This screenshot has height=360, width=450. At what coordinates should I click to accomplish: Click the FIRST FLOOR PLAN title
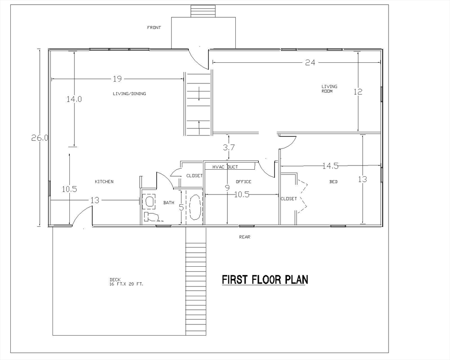pyautogui.click(x=265, y=280)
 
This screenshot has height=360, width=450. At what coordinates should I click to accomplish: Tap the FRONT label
pyautogui.click(x=154, y=28)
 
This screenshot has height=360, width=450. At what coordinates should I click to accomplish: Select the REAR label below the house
pyautogui.click(x=245, y=237)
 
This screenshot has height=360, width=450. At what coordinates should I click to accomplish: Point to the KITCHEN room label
pyautogui.click(x=104, y=181)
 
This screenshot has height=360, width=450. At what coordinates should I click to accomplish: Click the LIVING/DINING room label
pyautogui.click(x=129, y=94)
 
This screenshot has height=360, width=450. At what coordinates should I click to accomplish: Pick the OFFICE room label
pyautogui.click(x=243, y=181)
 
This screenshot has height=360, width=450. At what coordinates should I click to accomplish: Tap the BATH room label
pyautogui.click(x=169, y=202)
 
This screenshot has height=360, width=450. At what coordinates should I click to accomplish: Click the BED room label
pyautogui.click(x=333, y=181)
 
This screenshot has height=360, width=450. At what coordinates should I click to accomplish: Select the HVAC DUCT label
pyautogui.click(x=225, y=167)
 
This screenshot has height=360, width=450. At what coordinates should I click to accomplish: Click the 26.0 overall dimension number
pyautogui.click(x=40, y=138)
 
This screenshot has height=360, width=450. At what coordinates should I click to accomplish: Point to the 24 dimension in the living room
pyautogui.click(x=310, y=62)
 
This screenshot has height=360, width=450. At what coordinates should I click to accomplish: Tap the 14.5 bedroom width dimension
pyautogui.click(x=330, y=165)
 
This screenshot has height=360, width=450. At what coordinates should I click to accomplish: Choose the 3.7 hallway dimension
pyautogui.click(x=229, y=148)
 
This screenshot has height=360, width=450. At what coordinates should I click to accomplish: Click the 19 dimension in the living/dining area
pyautogui.click(x=117, y=79)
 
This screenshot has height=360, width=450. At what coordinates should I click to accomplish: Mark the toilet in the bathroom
pyautogui.click(x=151, y=217)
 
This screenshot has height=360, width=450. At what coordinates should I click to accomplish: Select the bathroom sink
pyautogui.click(x=149, y=201)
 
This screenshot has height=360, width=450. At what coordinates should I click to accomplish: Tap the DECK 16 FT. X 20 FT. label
pyautogui.click(x=126, y=282)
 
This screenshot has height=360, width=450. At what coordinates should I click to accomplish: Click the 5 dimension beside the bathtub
pyautogui.click(x=181, y=208)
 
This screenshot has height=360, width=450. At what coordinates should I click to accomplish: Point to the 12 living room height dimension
pyautogui.click(x=358, y=92)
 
